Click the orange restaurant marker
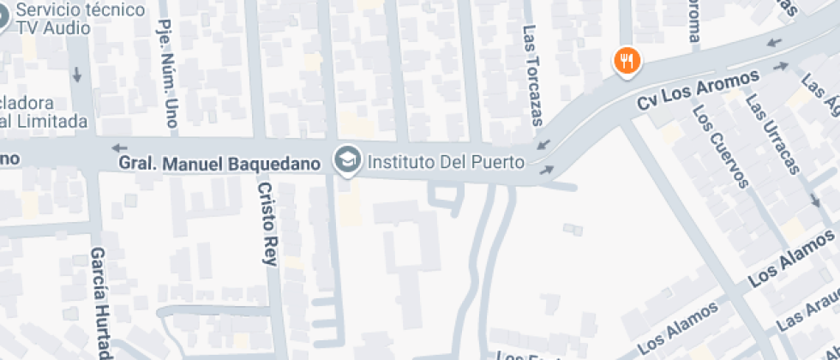point(627,61)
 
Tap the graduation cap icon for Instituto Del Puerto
point(347,159)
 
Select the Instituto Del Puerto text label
point(445,160)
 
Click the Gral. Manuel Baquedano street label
point(219,162)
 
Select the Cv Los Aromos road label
point(698,90)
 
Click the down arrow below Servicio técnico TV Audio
point(77,75)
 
